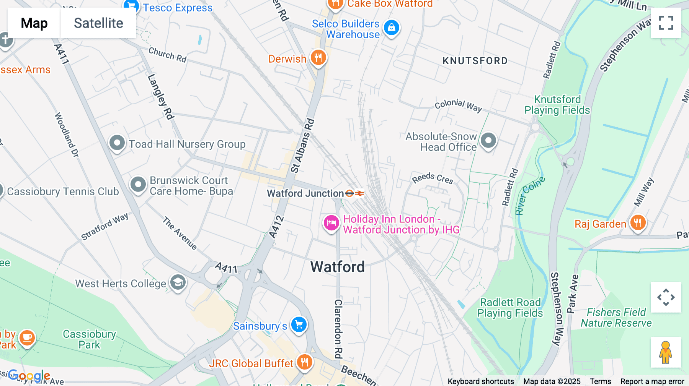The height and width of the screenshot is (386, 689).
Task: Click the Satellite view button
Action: [98, 23]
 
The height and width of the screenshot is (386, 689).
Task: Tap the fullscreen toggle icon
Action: [666, 23]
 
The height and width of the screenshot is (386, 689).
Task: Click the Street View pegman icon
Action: [666, 352]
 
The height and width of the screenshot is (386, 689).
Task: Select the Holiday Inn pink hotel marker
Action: [331, 223]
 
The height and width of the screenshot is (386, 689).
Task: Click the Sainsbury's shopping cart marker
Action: [299, 325]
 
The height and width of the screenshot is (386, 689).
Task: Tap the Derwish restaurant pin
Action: [318, 58]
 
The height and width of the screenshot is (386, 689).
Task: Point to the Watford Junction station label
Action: [305, 193]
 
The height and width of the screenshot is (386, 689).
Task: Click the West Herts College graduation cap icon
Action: [178, 283]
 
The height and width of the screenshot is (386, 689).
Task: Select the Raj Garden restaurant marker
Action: [637, 222]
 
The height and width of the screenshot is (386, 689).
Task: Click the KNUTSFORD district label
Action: [475, 61]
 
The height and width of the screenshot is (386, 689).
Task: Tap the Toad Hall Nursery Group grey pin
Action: [117, 143]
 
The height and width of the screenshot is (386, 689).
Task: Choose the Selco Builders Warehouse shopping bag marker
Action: [391, 28]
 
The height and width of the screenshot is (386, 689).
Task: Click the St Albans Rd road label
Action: [302, 146]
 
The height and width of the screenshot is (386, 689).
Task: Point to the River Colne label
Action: [529, 196]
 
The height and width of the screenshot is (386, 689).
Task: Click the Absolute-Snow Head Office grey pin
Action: [488, 141]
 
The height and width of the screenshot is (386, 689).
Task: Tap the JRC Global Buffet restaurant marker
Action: [304, 362]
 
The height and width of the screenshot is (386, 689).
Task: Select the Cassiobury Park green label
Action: [89, 339]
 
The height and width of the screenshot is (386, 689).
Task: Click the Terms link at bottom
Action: [600, 381]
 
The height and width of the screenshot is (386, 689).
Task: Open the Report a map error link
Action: [652, 381]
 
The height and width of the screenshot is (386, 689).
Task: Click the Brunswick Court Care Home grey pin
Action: [138, 185]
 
